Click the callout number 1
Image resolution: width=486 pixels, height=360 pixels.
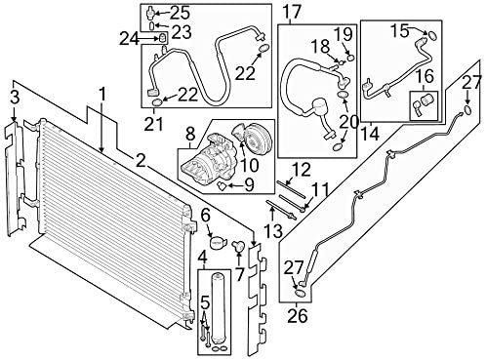pyautogui.click(x=102, y=96)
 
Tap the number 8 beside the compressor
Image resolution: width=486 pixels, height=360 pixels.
pyautogui.click(x=190, y=135)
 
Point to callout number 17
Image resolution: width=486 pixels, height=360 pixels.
pyautogui.click(x=291, y=12)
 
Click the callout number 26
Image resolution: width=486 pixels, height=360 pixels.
pyautogui.click(x=298, y=315)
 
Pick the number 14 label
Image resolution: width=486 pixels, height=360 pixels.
pyautogui.click(x=370, y=133)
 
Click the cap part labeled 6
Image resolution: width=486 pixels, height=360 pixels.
pyautogui.click(x=217, y=242)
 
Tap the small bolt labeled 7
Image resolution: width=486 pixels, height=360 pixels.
pyautogui.click(x=238, y=246)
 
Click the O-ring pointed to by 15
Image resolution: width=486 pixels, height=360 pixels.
pyautogui.click(x=432, y=35)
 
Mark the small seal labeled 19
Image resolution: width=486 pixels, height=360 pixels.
pyautogui.click(x=350, y=58)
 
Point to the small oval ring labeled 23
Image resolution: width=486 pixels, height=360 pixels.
pyautogui.click(x=152, y=25)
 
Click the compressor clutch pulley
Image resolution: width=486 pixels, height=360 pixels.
pyautogui.click(x=255, y=140)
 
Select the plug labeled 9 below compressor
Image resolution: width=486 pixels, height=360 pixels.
pyautogui.click(x=223, y=186)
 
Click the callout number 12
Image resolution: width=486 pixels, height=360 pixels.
pyautogui.click(x=302, y=170)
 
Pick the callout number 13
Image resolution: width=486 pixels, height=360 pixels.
pyautogui.click(x=273, y=230)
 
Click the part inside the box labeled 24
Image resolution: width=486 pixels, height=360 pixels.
pyautogui.click(x=163, y=38)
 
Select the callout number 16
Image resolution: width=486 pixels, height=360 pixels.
pyautogui.click(x=425, y=77)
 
